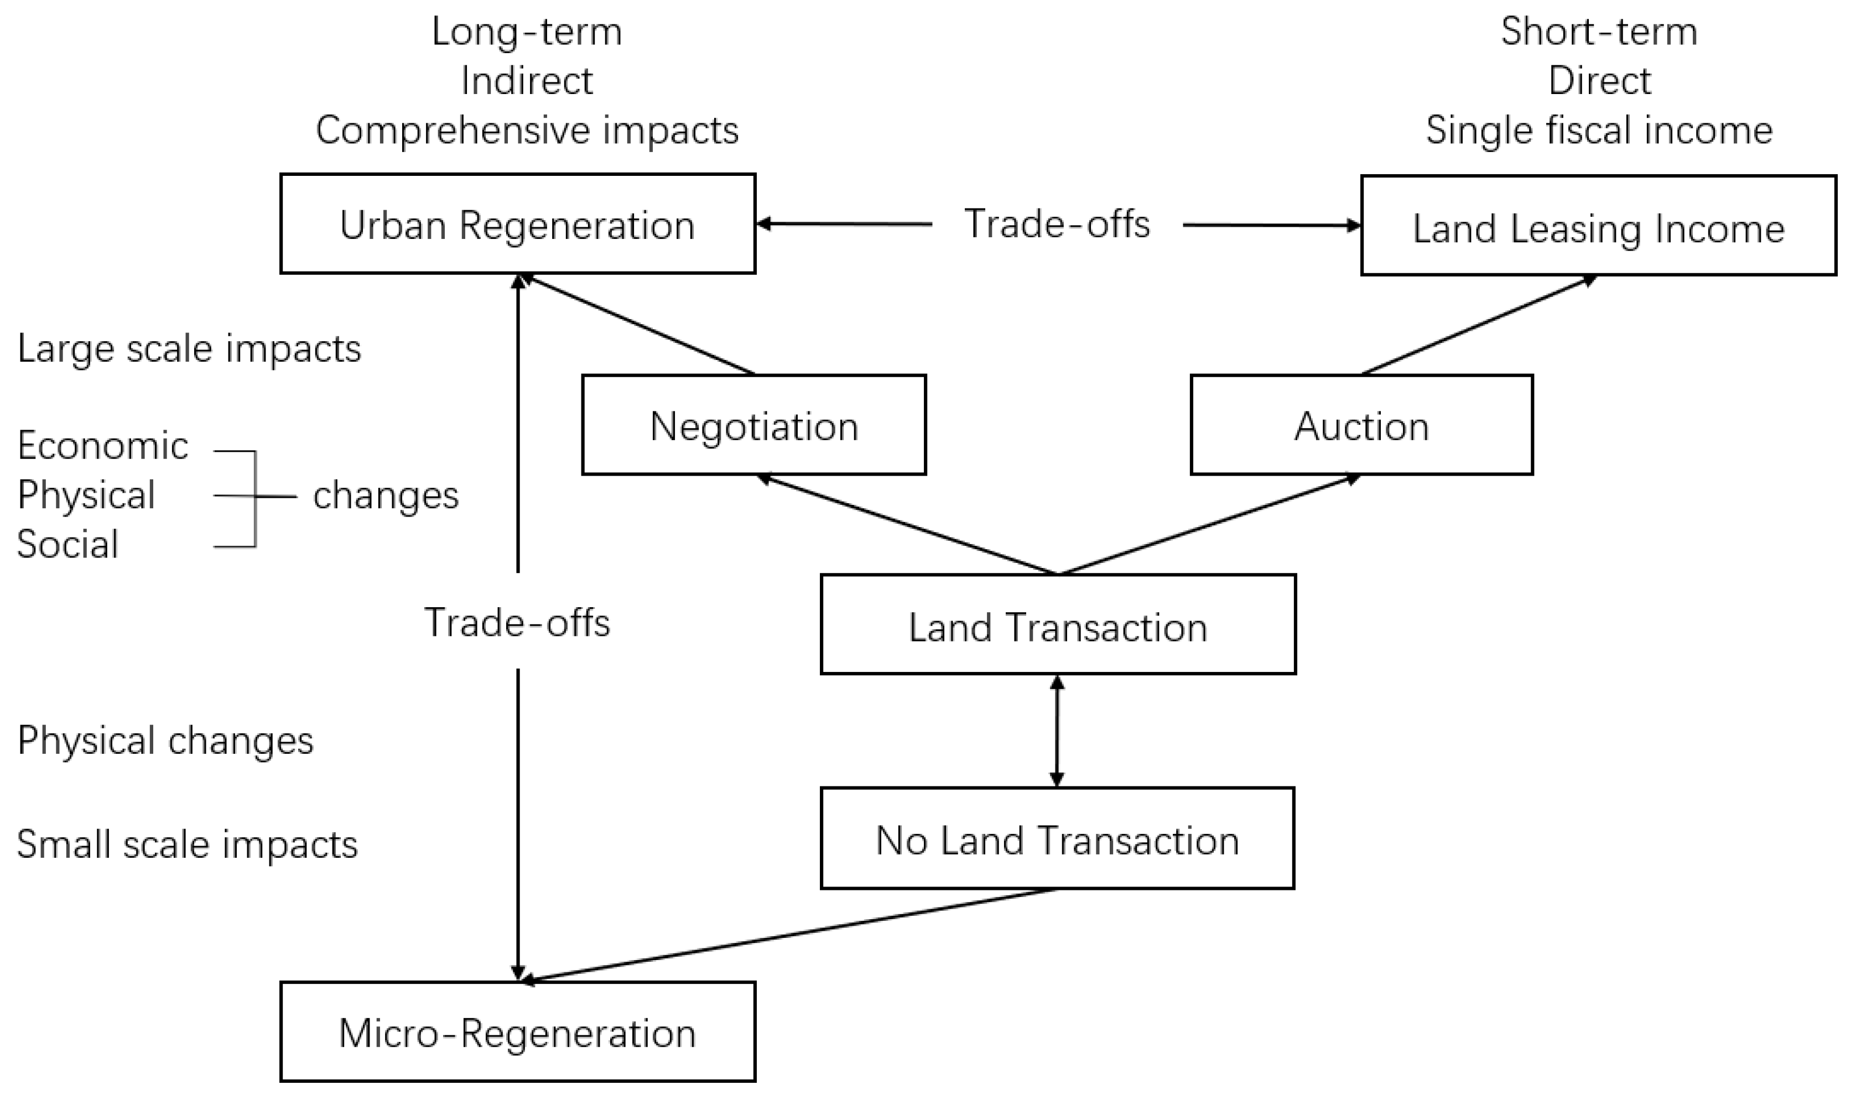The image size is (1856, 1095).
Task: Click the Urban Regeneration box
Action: (517, 225)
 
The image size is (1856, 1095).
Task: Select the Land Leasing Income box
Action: (1598, 226)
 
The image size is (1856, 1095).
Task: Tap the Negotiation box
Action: (753, 425)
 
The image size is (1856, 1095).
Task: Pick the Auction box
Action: (1361, 425)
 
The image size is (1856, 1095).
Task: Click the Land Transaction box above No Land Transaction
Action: (1058, 625)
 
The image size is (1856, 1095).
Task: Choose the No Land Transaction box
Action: (1057, 839)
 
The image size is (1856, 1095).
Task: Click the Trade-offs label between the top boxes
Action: (1057, 223)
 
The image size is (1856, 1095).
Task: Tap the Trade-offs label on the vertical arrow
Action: (517, 622)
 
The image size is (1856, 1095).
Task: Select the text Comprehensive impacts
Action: (527, 131)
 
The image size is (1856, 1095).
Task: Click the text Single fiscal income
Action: (1598, 131)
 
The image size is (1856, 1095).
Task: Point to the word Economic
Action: (102, 446)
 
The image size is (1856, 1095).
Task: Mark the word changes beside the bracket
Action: (385, 495)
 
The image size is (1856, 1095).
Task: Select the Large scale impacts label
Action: (189, 348)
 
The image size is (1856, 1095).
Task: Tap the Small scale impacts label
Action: (187, 844)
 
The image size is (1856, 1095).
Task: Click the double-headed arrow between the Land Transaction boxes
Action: (1057, 731)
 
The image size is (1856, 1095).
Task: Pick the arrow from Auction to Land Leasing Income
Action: (1478, 325)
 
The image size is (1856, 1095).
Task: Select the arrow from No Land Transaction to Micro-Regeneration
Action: (789, 935)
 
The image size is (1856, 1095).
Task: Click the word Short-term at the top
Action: (1598, 32)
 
